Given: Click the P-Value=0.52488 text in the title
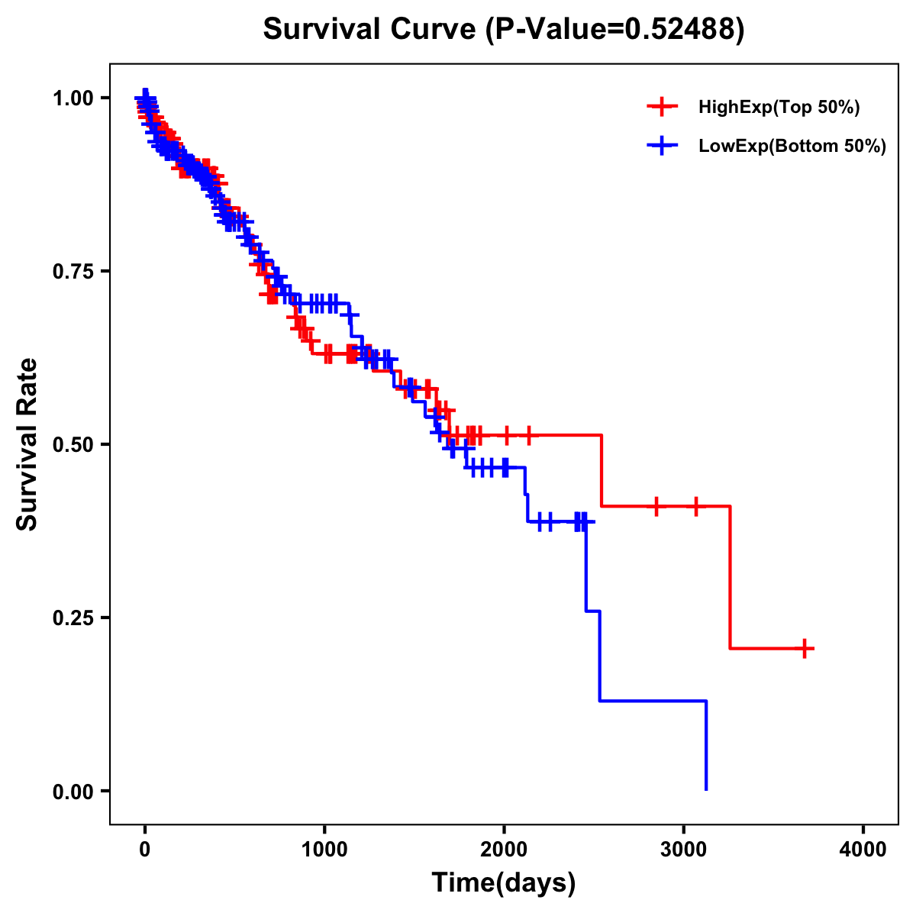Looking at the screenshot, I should [615, 29].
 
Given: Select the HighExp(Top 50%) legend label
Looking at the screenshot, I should [779, 108].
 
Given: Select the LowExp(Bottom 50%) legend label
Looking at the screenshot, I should [792, 147].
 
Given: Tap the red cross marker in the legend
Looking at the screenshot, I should [662, 108].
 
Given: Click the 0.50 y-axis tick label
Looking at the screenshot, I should [73, 445].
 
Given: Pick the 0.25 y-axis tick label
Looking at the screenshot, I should [73, 618].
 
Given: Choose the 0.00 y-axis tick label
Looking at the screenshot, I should [73, 792].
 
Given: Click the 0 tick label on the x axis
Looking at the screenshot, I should [145, 850].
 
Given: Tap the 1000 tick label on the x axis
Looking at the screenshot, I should [324, 850].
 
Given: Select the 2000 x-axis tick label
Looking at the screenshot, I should [504, 850].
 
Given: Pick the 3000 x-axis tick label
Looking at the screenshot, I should [684, 850].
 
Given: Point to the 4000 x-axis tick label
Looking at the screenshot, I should [863, 850].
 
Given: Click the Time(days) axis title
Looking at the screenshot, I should [504, 883].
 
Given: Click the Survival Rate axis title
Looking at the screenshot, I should [27, 444].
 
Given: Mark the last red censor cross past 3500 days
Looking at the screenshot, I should [804, 649].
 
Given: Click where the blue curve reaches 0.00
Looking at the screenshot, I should [706, 789].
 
